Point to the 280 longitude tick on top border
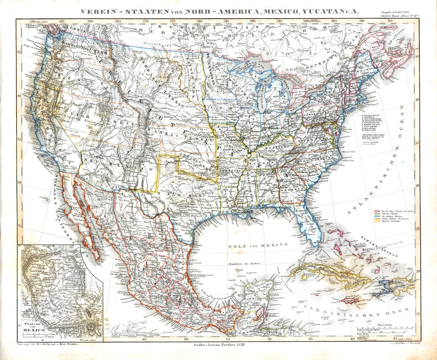pos(199,20)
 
